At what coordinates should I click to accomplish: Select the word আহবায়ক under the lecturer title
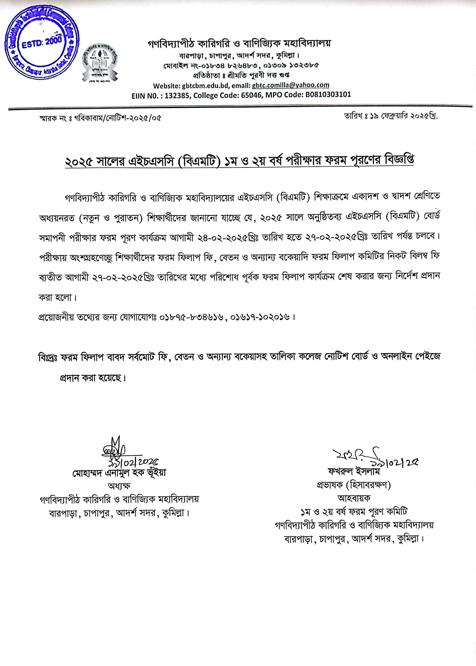(x=354, y=498)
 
